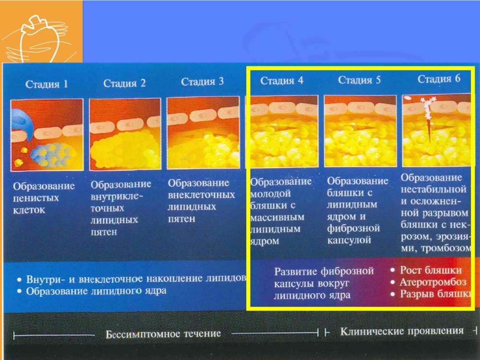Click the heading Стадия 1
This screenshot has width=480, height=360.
click(x=47, y=84)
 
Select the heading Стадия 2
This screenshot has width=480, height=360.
click(x=124, y=83)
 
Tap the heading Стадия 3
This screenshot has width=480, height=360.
click(x=203, y=82)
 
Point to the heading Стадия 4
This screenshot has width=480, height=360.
click(x=282, y=80)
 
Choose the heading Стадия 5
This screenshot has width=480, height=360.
click(x=360, y=80)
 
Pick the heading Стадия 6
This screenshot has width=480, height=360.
click(x=439, y=79)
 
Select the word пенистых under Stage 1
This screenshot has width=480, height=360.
click(x=36, y=198)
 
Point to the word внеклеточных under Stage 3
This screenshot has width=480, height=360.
click(x=202, y=195)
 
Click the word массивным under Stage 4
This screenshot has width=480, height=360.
click(x=277, y=217)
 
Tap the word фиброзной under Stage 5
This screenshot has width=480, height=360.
click(x=354, y=228)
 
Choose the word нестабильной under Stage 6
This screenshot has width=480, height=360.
click(x=434, y=189)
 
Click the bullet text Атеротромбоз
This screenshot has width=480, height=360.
click(x=433, y=282)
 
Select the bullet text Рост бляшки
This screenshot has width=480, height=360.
click(x=431, y=270)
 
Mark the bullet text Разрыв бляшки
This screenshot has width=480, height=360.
click(x=435, y=294)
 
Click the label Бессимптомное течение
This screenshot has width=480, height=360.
click(x=163, y=334)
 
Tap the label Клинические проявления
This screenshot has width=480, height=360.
click(x=402, y=331)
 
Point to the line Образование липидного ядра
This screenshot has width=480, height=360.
click(x=96, y=291)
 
